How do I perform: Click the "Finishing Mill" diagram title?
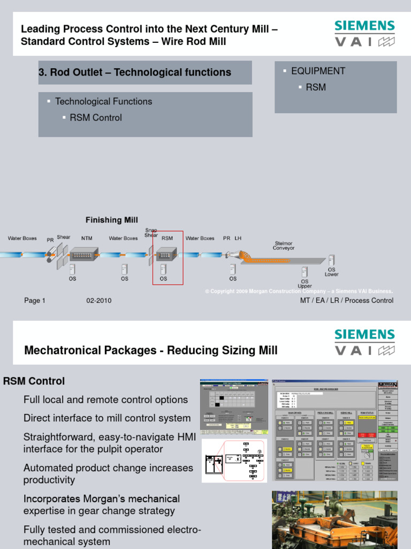pos(112,220)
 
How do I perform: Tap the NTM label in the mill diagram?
pos(87,239)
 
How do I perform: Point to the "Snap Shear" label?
pos(151,233)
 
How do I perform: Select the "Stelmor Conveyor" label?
pos(284,246)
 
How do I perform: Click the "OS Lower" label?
pos(332,272)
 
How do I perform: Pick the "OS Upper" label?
pos(305,284)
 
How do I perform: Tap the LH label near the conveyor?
pos(238,238)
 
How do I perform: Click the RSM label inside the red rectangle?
pos(167,239)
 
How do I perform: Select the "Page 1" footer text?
pos(35,301)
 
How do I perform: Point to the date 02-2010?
pos(99,301)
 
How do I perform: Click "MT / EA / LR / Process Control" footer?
pos(347,300)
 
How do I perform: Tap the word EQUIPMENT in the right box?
pos(318,71)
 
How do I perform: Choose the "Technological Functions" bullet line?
pos(104,101)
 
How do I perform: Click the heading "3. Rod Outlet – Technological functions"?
pos(135,72)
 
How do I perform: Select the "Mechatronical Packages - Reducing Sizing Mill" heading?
pos(151,351)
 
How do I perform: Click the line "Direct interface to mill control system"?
pos(107,418)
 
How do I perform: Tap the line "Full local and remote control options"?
pos(105,399)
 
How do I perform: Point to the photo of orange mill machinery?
pos(334,520)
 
